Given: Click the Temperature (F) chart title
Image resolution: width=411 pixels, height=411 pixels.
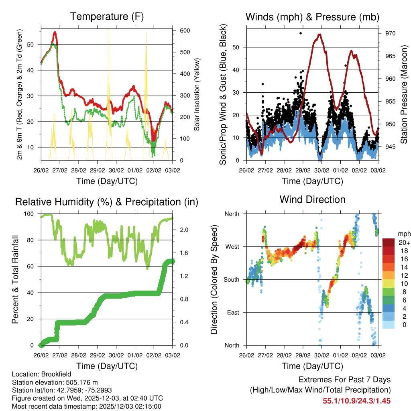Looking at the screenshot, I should pos(107,16).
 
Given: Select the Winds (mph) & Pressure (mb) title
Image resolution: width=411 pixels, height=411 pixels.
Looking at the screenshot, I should pos(313,16).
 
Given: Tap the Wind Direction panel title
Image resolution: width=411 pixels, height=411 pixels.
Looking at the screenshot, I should pos(313,199).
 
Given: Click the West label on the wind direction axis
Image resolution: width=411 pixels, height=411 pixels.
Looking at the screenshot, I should pos(232,246).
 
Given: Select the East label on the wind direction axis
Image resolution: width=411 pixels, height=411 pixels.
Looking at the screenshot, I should pos(232,312).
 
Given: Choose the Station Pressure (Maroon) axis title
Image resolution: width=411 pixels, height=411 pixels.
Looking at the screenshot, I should pos(404,94).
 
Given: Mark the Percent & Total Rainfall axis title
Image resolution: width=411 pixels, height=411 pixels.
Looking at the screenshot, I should pos(15,280).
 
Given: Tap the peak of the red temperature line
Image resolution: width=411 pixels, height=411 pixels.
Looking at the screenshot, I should pos(55,32).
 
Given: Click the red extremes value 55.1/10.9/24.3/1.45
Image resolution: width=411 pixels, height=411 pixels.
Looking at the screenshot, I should pos(356,401).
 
